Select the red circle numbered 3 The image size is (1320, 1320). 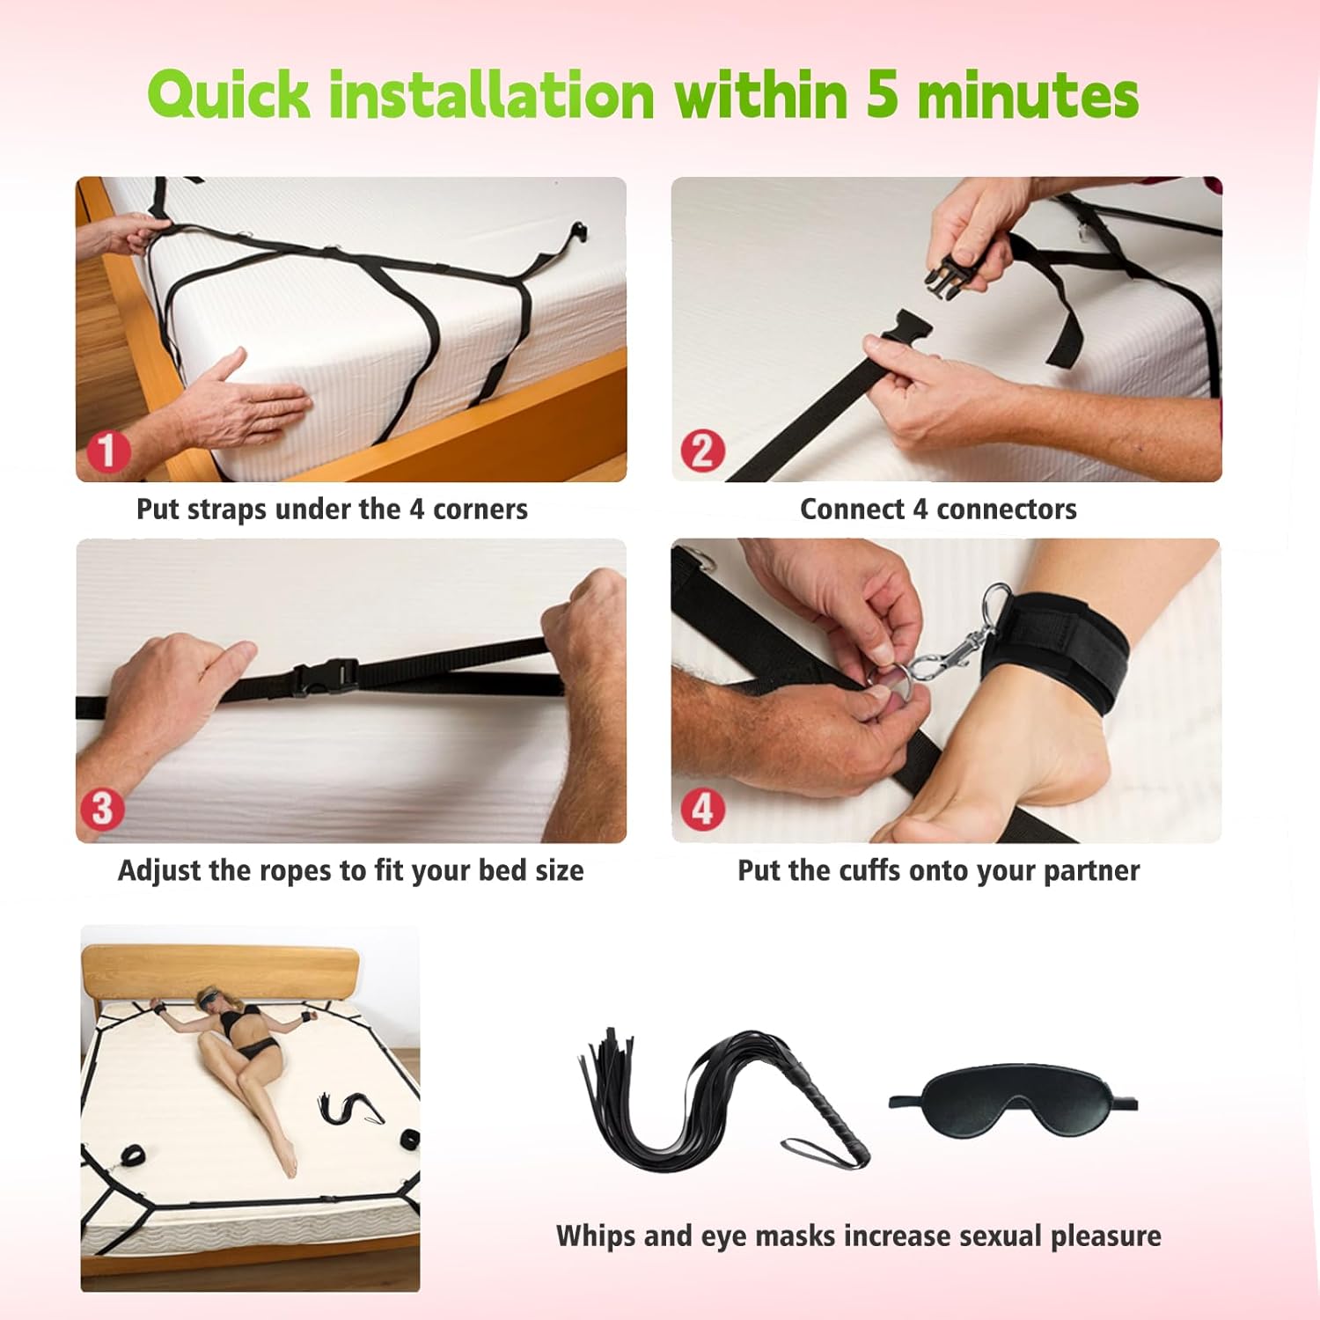point(102,809)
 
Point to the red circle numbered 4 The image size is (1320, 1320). point(702,809)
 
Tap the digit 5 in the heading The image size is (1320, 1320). point(883,95)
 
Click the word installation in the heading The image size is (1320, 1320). point(491,95)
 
